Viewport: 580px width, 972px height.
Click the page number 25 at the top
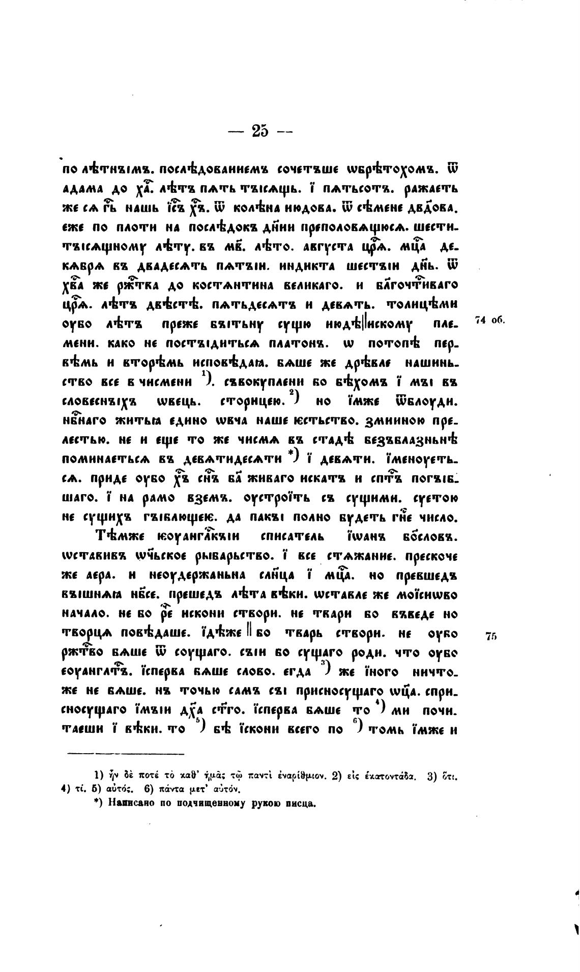tap(259, 131)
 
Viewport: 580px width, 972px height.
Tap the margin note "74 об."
tap(489, 320)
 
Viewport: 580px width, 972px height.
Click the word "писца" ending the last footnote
tap(300, 804)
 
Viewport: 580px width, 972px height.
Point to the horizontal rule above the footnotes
tap(126, 753)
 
